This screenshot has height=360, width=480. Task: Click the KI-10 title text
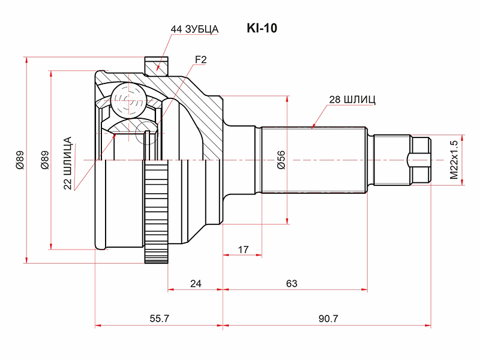click(x=262, y=28)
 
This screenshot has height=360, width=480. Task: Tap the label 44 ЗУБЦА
click(x=194, y=29)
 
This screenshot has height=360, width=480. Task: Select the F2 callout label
click(x=200, y=59)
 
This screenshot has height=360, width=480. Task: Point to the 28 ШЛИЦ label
click(x=352, y=100)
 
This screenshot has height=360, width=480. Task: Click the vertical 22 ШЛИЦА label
click(x=68, y=163)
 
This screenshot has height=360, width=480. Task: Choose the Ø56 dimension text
click(x=281, y=160)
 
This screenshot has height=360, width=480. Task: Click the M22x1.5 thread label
click(x=454, y=160)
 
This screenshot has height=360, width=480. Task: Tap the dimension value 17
click(x=243, y=248)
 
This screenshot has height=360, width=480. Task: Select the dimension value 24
click(x=195, y=283)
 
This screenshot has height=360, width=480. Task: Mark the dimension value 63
click(x=292, y=283)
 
